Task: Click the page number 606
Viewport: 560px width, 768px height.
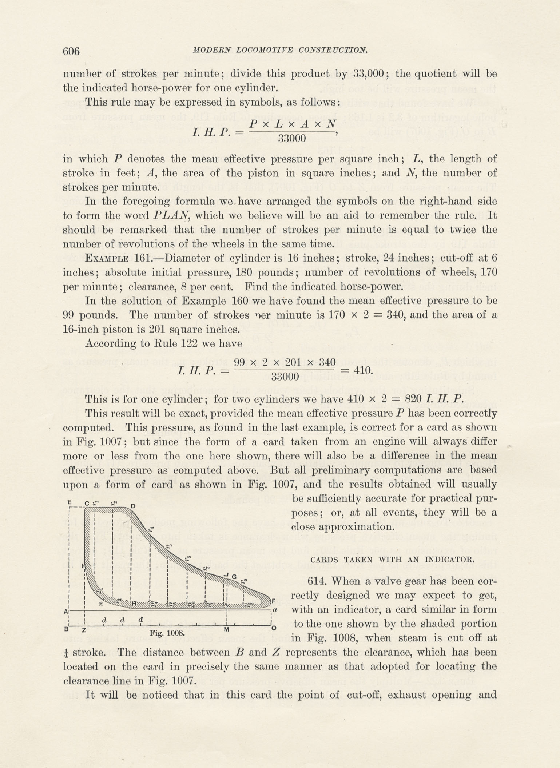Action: click(71, 51)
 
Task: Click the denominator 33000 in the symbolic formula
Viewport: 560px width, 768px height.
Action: click(292, 138)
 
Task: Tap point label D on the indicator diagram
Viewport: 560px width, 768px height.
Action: click(133, 506)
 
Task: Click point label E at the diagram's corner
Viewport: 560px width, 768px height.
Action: click(69, 502)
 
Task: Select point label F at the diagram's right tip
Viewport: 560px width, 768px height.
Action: click(273, 600)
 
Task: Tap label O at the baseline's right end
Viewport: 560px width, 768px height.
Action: click(274, 628)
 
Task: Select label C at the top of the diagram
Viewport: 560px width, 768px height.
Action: click(87, 503)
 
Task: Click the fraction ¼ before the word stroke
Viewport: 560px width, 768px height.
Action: click(66, 652)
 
